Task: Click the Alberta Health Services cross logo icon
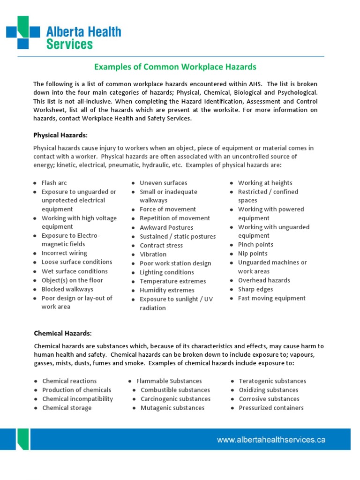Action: click(x=23, y=32)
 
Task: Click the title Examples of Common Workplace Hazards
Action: click(x=175, y=67)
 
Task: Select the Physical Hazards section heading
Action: click(x=60, y=135)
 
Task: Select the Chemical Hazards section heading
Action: click(x=63, y=333)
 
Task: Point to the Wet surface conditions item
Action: click(x=74, y=271)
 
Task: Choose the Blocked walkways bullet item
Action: click(x=67, y=289)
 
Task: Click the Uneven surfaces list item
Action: click(x=163, y=183)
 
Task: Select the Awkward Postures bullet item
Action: click(x=166, y=227)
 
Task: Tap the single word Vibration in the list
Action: click(x=153, y=255)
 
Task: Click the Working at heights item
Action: click(x=265, y=183)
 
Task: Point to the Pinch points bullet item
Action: click(x=255, y=245)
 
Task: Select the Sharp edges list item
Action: click(x=255, y=289)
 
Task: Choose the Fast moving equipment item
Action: click(x=271, y=298)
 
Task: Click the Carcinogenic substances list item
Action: click(x=175, y=399)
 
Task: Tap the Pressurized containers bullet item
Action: click(x=271, y=408)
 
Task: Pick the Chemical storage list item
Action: click(x=67, y=408)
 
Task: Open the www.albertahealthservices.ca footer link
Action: click(x=271, y=440)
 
